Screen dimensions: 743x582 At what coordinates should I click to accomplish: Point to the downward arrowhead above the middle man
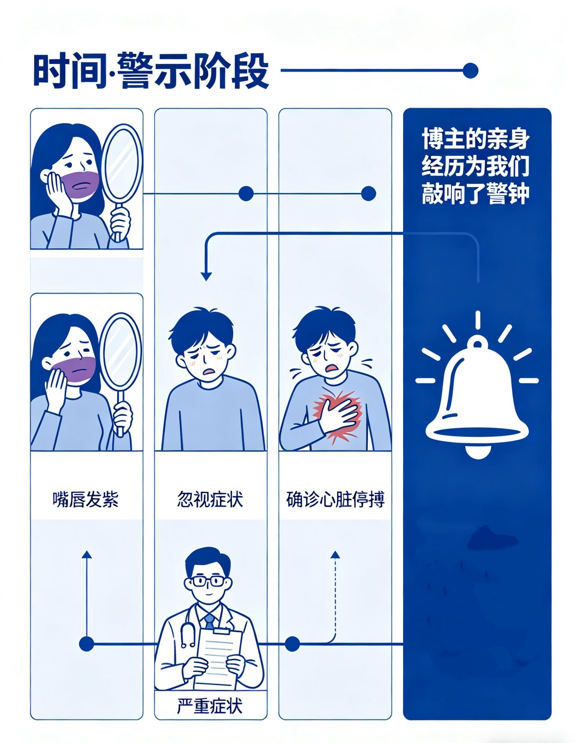click(x=206, y=277)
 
